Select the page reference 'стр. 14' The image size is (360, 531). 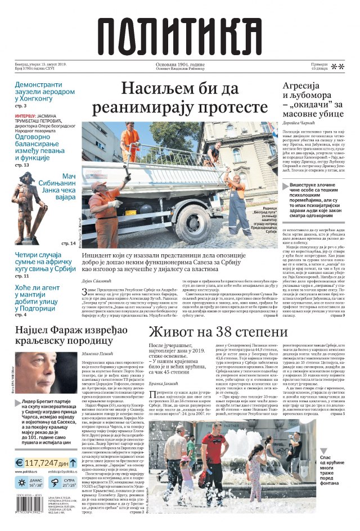click(x=68, y=243)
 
